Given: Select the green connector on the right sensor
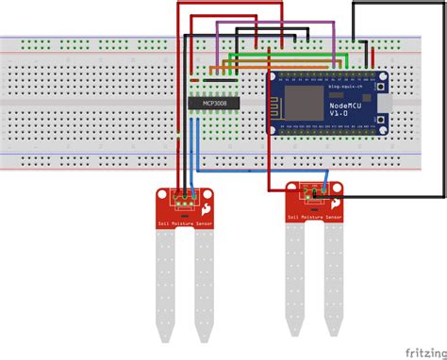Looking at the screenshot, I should point(315,192).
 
